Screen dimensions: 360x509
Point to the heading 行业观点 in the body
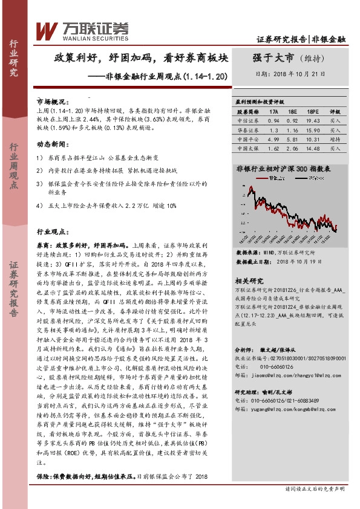51,232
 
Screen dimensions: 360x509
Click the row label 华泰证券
247,129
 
